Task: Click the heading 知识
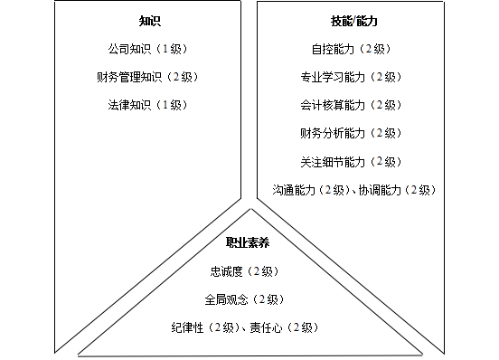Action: pos(150,20)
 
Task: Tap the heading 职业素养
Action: pos(249,242)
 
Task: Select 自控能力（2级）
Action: pos(350,48)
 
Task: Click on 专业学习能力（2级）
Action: pos(350,76)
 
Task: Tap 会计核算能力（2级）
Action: pos(350,105)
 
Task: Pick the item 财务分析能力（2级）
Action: pos(350,133)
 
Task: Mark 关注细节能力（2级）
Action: pos(350,162)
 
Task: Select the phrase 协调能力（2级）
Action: pos(397,190)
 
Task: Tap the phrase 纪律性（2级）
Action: pos(207,327)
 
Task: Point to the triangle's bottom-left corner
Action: pos(79,352)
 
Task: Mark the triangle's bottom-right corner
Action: pos(421,352)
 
